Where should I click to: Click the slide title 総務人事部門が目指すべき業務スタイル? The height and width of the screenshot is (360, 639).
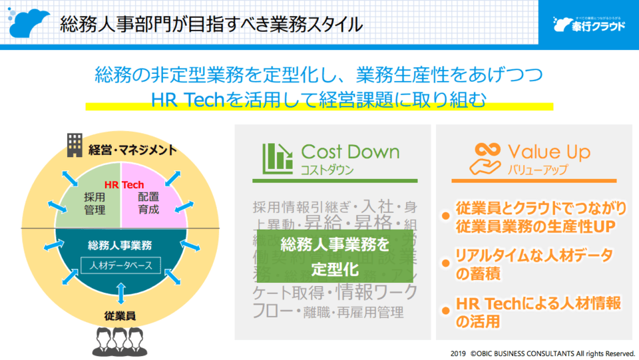211,25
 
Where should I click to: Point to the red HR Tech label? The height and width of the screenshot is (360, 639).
124,184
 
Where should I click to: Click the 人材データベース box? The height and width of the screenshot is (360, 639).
120,266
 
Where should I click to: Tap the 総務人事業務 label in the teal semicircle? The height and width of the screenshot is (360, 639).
120,245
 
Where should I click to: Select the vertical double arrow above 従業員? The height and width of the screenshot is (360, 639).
120,293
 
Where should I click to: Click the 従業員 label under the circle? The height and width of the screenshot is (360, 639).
120,315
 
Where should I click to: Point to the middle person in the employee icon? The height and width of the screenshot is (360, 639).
120,339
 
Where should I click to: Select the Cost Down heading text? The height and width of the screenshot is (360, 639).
350,152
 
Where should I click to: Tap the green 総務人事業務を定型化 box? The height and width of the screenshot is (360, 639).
334,256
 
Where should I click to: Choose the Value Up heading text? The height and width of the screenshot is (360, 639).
548,152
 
